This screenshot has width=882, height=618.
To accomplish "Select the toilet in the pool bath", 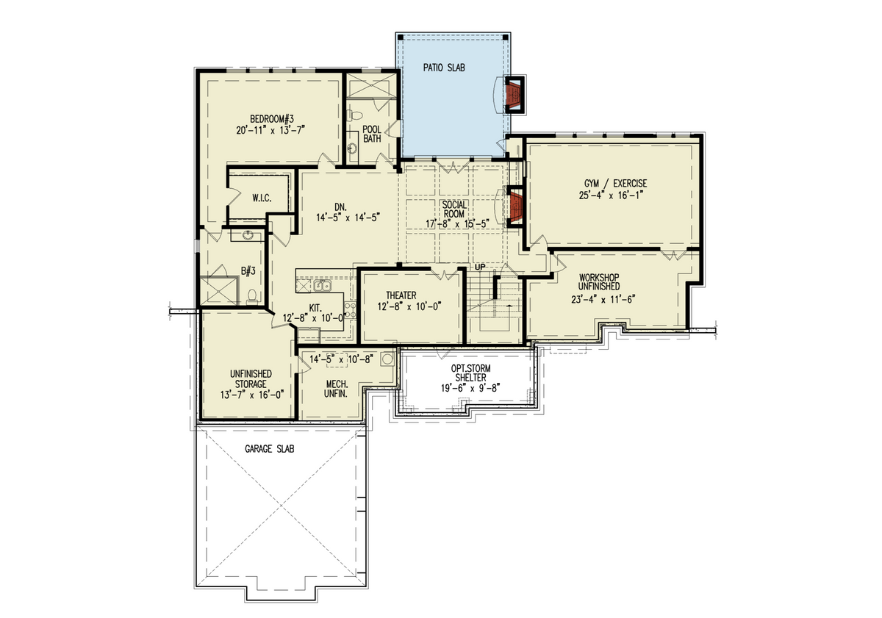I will (x=354, y=116).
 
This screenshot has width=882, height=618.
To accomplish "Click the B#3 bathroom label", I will (x=248, y=271).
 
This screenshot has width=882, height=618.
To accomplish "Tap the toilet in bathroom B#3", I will (x=253, y=295).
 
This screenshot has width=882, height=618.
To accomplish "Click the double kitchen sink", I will (x=321, y=284).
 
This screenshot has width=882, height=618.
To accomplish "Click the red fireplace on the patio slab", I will (x=512, y=94).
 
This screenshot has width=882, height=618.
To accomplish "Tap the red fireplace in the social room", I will (x=514, y=209).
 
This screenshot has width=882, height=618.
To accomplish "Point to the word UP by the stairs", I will (x=481, y=267).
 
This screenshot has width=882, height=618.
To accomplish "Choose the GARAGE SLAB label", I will (x=269, y=448).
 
